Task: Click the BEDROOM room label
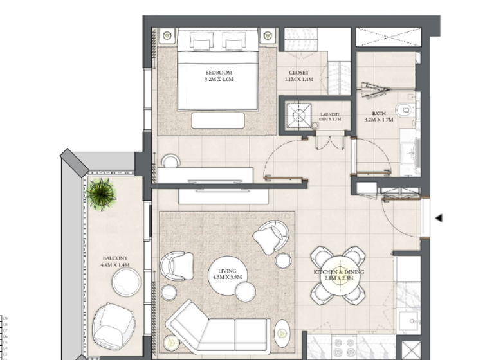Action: pos(218,73)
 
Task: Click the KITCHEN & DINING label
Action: pos(338,273)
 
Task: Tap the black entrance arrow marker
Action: pos(439,219)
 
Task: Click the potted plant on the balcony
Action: pos(102,194)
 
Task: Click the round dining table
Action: pos(338,275)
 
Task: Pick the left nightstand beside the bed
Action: pos(166,36)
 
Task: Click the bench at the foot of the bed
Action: pos(217,120)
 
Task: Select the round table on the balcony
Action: pos(126,282)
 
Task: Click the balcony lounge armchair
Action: pos(114,325)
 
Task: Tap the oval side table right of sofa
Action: pos(282,333)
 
